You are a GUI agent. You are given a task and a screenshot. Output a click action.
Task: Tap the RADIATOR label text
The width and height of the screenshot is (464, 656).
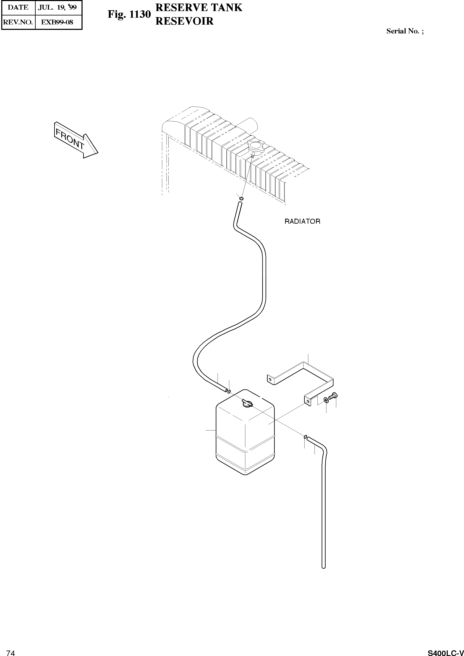click(x=302, y=221)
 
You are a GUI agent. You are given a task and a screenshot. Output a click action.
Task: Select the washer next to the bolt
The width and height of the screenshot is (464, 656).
click(x=326, y=400)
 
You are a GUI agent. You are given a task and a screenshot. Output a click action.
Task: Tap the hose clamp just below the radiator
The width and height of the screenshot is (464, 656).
click(x=241, y=198)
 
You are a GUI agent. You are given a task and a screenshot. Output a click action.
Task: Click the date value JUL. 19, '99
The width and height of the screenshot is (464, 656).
click(x=58, y=8)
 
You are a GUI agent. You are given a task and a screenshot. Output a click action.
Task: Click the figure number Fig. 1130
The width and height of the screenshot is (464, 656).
click(x=129, y=14)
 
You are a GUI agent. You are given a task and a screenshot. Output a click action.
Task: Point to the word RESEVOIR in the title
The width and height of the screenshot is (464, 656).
click(x=184, y=21)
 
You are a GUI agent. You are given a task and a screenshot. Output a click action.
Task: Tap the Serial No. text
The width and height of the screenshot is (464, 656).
click(x=405, y=31)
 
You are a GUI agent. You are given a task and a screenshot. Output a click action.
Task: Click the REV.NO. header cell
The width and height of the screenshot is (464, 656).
click(x=18, y=22)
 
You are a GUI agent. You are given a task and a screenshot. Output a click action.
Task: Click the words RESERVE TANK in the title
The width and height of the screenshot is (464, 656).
click(x=199, y=8)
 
